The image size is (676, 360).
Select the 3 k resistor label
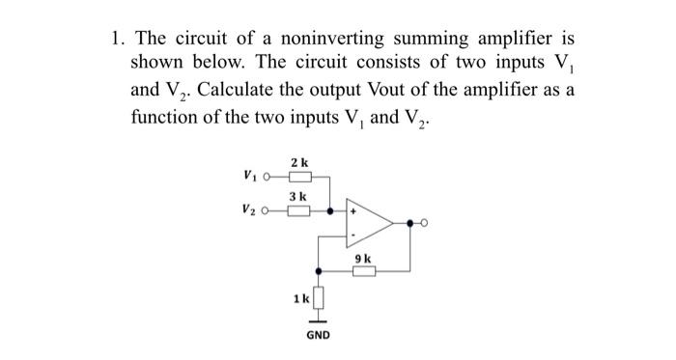tap(299, 195)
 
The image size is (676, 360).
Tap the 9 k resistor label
tap(362, 258)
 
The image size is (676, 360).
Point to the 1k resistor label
tap(301, 298)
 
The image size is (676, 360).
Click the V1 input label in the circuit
tap(252, 177)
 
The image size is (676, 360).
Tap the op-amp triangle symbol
tap(371, 223)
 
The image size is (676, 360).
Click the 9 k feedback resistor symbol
tap(362, 271)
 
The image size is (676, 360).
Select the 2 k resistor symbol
tap(299, 177)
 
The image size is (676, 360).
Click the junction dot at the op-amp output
tap(409, 223)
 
